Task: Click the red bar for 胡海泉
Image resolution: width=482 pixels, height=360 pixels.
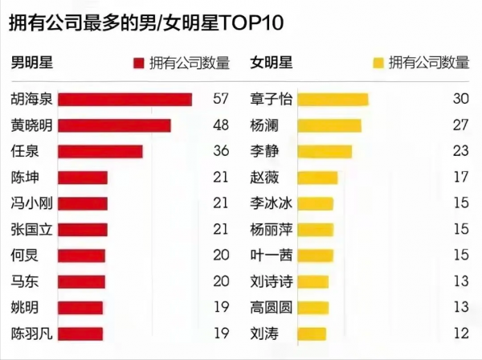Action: click(x=125, y=100)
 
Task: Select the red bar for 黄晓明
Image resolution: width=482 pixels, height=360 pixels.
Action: click(x=115, y=125)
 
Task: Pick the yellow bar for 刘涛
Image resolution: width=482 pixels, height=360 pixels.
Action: click(x=312, y=333)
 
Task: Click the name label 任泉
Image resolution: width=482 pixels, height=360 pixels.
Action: click(x=24, y=151)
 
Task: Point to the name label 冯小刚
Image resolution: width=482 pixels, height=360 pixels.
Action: click(x=31, y=203)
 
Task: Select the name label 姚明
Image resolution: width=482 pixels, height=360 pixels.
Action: click(x=24, y=307)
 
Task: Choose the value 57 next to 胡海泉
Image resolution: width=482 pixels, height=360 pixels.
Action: click(x=221, y=100)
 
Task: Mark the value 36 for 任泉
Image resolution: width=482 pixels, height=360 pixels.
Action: click(x=221, y=151)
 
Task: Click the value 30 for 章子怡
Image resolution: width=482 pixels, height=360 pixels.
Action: click(x=460, y=100)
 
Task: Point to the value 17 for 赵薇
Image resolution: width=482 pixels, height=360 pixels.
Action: click(x=460, y=177)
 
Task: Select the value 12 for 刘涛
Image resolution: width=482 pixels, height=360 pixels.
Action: click(x=460, y=333)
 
